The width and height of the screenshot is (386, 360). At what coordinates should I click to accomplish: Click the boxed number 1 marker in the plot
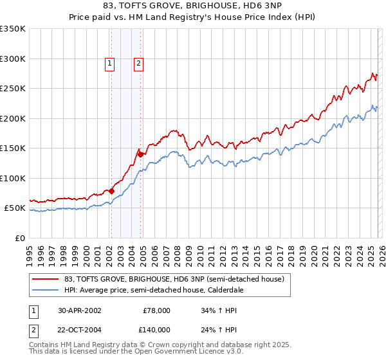tap(110, 63)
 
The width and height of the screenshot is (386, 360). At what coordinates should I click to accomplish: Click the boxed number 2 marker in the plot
tap(138, 63)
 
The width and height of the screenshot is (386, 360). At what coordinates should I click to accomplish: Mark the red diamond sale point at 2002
tap(111, 191)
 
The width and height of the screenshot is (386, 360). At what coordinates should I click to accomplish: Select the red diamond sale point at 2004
tap(140, 154)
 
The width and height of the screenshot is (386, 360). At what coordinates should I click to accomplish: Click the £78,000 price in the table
tap(156, 310)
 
